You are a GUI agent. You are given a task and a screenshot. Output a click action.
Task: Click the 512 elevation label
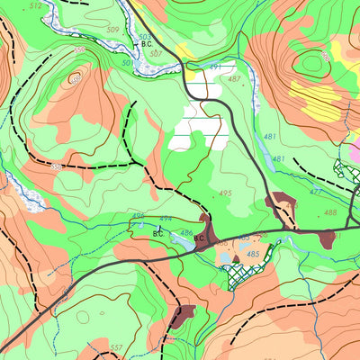point(35,5)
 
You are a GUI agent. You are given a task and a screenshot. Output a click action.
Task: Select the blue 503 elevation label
point(144,36)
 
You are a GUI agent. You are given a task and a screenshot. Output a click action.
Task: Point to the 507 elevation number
point(156,53)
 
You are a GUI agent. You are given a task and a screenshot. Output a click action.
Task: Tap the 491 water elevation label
point(215,67)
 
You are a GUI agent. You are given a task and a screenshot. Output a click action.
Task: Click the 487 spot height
point(234,79)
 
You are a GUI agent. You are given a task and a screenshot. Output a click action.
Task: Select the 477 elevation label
point(315,192)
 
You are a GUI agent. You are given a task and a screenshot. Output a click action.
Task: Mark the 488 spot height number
point(330,212)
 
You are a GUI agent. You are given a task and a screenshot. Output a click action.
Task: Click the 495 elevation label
point(224,193)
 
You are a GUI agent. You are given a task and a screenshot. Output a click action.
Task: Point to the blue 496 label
point(139,216)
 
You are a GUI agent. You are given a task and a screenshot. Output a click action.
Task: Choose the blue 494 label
point(165,220)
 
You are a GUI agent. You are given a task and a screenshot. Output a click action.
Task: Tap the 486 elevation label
point(185,233)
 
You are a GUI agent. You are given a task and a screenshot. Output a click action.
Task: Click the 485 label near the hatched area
point(253,255)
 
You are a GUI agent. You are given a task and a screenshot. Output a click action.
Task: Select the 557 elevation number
point(115,346)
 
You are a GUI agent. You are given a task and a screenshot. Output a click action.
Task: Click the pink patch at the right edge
point(355,148)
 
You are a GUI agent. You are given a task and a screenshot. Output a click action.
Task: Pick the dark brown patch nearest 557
point(184,314)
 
